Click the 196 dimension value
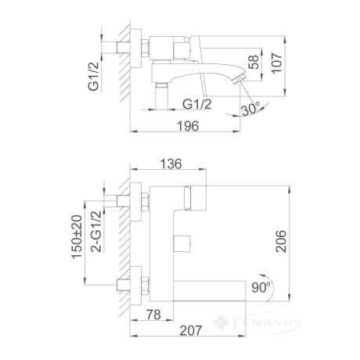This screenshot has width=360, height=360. (x=188, y=126)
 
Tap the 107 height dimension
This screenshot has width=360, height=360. (x=277, y=63)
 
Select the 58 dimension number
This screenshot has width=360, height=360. (x=254, y=62)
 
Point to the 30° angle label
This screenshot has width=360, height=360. (x=250, y=109)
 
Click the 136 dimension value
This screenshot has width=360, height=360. (x=171, y=164)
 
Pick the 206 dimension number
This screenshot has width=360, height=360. (x=281, y=241)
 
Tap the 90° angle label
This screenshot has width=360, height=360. (x=261, y=287)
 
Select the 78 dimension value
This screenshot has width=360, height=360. (x=153, y=315)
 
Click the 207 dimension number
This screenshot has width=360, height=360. (x=191, y=330)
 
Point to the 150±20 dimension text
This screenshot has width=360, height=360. (x=77, y=237)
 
